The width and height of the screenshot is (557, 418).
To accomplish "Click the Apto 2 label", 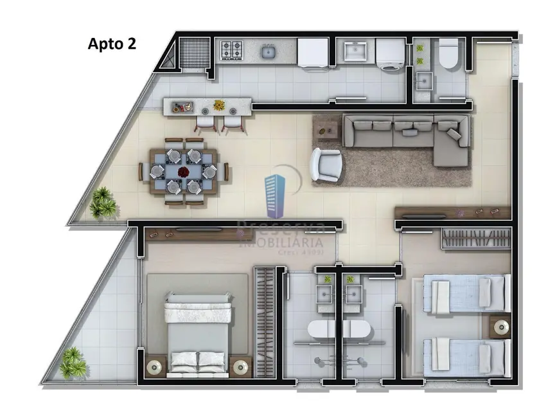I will pos(111,44).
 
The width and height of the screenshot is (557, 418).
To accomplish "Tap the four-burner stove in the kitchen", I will pos(231,49).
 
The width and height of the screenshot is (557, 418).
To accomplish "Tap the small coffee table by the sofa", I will pos(327,131).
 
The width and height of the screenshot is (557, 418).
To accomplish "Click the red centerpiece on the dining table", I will pos(184,172).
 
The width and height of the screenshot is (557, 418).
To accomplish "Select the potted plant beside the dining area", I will pos(102,203).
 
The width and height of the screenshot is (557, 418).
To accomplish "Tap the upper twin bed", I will pos(468,294).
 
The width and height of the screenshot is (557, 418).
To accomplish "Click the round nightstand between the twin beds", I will pos(500,327).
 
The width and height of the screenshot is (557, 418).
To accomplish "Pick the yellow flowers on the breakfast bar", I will pos(219,104).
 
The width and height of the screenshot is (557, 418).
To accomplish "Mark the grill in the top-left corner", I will pos(195,51).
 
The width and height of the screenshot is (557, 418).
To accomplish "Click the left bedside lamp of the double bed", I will pos(155,366).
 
